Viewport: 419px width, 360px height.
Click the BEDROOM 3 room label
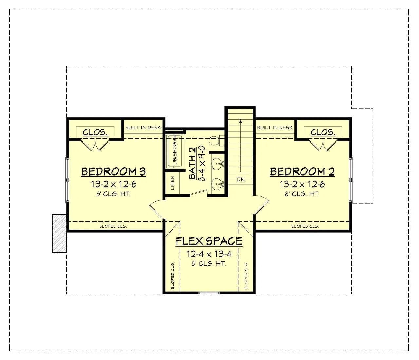(x=114, y=172)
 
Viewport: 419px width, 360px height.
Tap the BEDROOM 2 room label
(x=302, y=172)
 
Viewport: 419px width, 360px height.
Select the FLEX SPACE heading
(x=209, y=241)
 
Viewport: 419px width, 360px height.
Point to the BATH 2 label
(x=192, y=163)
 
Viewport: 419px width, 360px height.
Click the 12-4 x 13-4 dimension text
(x=209, y=254)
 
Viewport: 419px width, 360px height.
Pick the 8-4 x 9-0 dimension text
(x=202, y=163)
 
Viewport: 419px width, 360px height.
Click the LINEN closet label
(x=173, y=183)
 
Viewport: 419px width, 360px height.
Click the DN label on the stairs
(x=240, y=179)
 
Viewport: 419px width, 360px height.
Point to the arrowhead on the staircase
(x=240, y=121)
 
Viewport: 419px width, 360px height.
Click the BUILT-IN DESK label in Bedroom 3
(x=143, y=127)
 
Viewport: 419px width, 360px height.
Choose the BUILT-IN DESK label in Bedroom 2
(x=275, y=127)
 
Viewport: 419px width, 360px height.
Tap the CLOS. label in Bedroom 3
(x=95, y=132)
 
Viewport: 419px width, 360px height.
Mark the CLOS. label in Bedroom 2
(x=323, y=132)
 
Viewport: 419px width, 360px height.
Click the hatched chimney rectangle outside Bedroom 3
(x=59, y=233)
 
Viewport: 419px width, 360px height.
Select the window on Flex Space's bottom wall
(x=209, y=293)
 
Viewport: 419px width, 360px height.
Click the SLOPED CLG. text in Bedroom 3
(x=113, y=226)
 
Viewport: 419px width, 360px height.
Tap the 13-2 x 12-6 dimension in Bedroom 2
(x=302, y=184)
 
